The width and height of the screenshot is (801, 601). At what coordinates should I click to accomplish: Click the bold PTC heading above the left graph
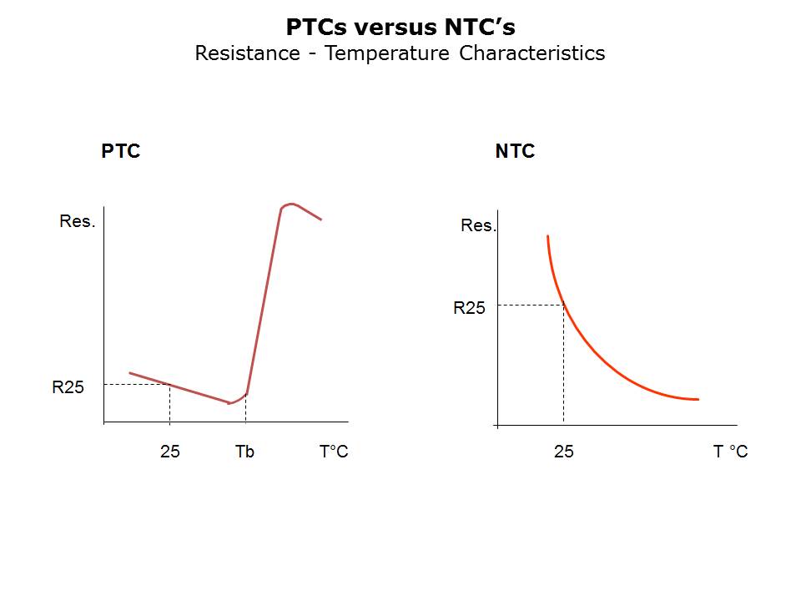click(x=121, y=151)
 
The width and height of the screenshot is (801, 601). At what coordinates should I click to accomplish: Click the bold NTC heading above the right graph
click(x=515, y=151)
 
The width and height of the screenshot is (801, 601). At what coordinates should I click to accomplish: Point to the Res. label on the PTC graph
click(x=78, y=221)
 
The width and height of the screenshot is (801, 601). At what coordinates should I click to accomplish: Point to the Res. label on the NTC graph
click(x=478, y=225)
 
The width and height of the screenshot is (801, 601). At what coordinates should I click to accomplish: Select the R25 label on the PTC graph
click(x=68, y=387)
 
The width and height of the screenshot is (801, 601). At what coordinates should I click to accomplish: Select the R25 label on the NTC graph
click(x=469, y=308)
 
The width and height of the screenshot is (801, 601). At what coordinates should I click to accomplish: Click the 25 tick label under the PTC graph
click(x=169, y=452)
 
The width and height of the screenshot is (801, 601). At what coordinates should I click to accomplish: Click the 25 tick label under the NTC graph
click(x=564, y=452)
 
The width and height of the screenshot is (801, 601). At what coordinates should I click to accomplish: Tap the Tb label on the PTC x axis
click(x=244, y=452)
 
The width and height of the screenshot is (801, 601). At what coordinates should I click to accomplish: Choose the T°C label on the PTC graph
click(x=334, y=452)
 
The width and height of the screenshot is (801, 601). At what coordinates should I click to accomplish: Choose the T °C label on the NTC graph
click(x=730, y=452)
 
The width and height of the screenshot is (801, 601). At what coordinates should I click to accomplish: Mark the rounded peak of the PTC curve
click(x=290, y=204)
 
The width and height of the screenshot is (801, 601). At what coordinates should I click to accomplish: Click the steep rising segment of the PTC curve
click(x=264, y=300)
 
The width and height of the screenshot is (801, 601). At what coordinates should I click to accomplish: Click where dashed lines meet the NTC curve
click(x=564, y=306)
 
